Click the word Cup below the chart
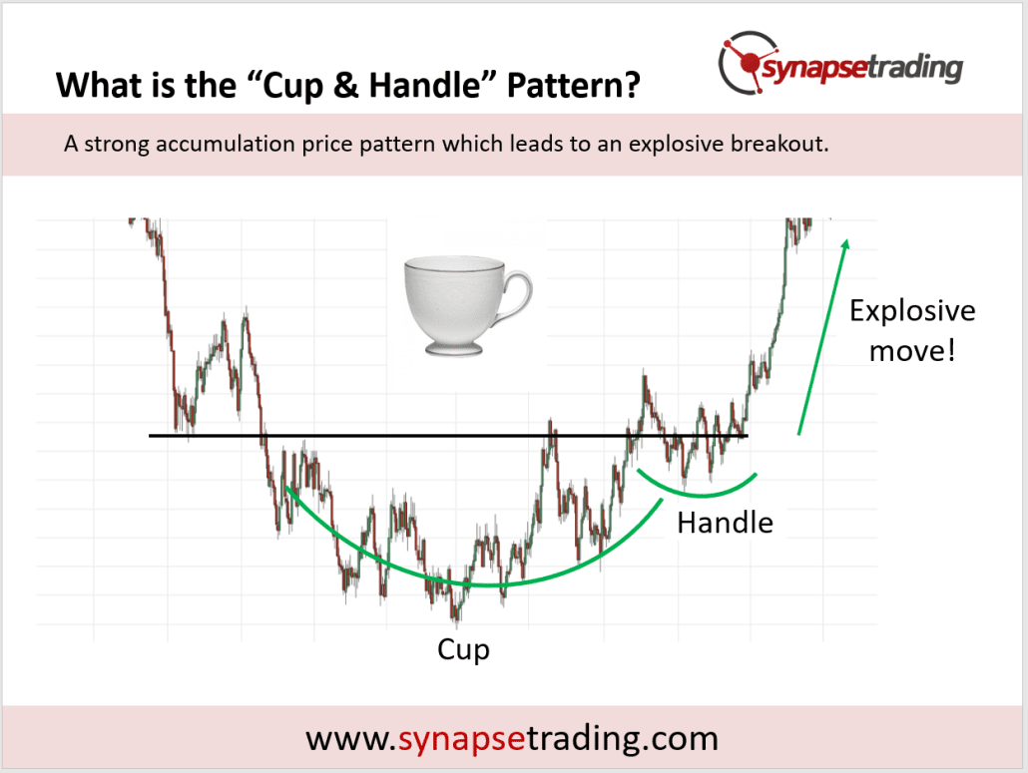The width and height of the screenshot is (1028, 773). point(464,650)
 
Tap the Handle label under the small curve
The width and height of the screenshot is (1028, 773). point(725,522)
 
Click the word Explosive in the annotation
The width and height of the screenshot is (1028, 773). point(911,310)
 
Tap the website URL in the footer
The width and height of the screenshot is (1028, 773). point(512,738)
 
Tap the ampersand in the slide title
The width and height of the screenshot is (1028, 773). point(359,86)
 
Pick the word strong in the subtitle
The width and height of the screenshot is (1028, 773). point(107,144)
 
